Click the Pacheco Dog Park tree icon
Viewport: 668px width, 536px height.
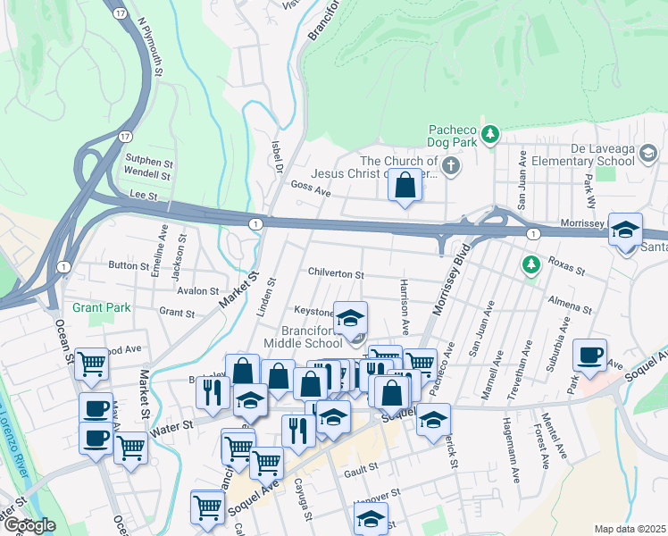click(489, 135)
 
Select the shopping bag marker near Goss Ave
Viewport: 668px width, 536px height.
click(405, 186)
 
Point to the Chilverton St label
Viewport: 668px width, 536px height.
click(336, 274)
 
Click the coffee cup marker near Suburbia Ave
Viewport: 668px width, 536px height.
click(590, 356)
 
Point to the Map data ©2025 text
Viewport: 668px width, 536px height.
click(630, 529)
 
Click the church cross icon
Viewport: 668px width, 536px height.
click(452, 165)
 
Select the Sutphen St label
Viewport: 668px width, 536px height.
click(141, 162)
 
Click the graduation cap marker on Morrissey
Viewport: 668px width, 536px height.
click(626, 230)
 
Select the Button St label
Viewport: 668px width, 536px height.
click(121, 265)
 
